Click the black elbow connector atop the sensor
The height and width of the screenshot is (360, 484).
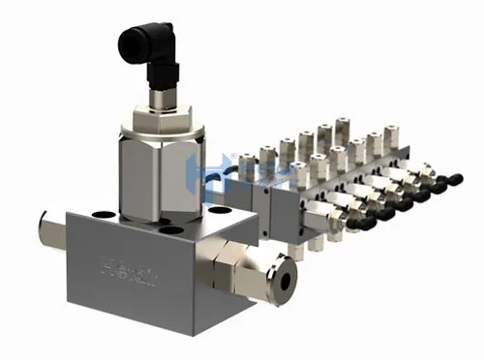coord(145,48)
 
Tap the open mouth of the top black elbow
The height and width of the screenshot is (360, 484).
coord(127,42)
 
